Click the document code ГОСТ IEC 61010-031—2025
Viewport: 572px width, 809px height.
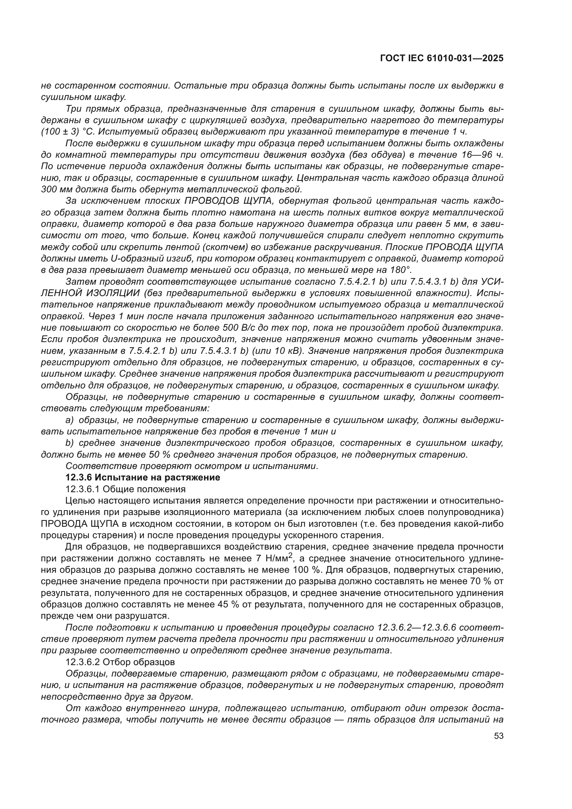point(442,58)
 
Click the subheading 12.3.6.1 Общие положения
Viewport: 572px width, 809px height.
point(126,489)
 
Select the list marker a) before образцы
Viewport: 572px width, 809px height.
point(70,420)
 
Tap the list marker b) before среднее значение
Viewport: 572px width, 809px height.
point(70,443)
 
